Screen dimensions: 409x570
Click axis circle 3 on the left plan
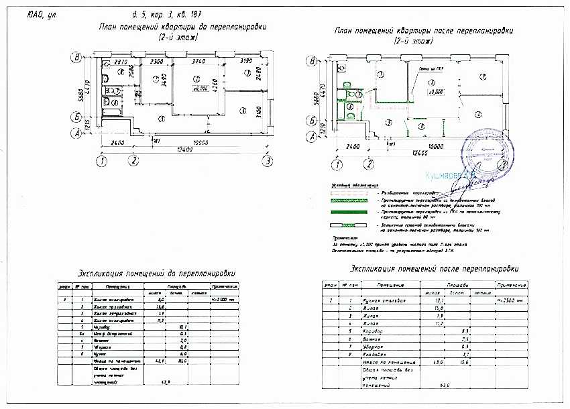tap(268, 161)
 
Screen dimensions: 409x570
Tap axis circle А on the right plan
tap(311, 138)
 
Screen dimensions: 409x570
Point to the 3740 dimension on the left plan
tap(198, 62)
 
